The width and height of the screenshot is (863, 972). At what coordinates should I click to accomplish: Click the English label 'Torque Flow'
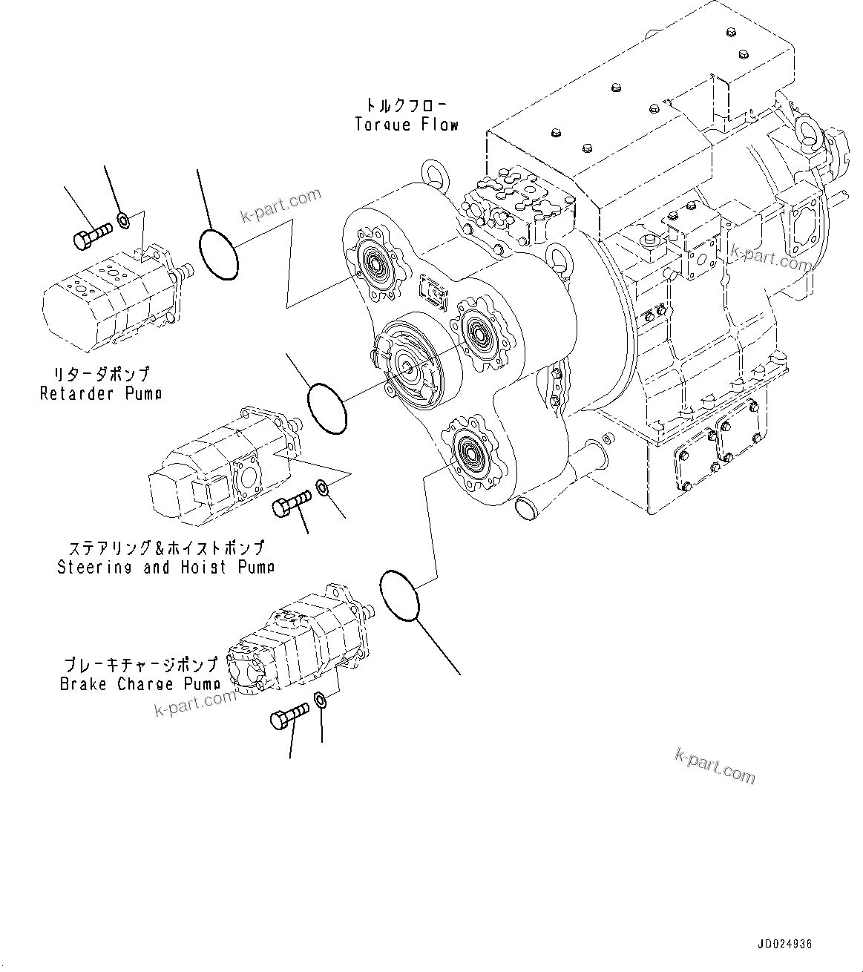[407, 125]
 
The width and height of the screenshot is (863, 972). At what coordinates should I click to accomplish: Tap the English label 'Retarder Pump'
[101, 393]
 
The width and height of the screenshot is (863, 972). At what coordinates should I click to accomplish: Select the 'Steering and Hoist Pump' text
[166, 567]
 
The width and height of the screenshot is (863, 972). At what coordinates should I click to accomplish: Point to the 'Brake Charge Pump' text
[140, 683]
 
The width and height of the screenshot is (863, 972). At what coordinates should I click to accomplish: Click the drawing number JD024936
[785, 945]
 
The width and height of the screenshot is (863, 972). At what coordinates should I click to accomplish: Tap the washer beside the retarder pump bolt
[125, 220]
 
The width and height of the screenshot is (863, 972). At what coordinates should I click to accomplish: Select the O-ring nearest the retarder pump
[219, 255]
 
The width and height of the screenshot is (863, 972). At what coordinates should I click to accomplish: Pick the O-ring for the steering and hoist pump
[327, 407]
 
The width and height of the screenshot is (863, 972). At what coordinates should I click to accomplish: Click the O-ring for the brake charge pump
[399, 594]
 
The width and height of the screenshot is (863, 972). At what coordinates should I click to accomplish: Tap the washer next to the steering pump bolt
[323, 487]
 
